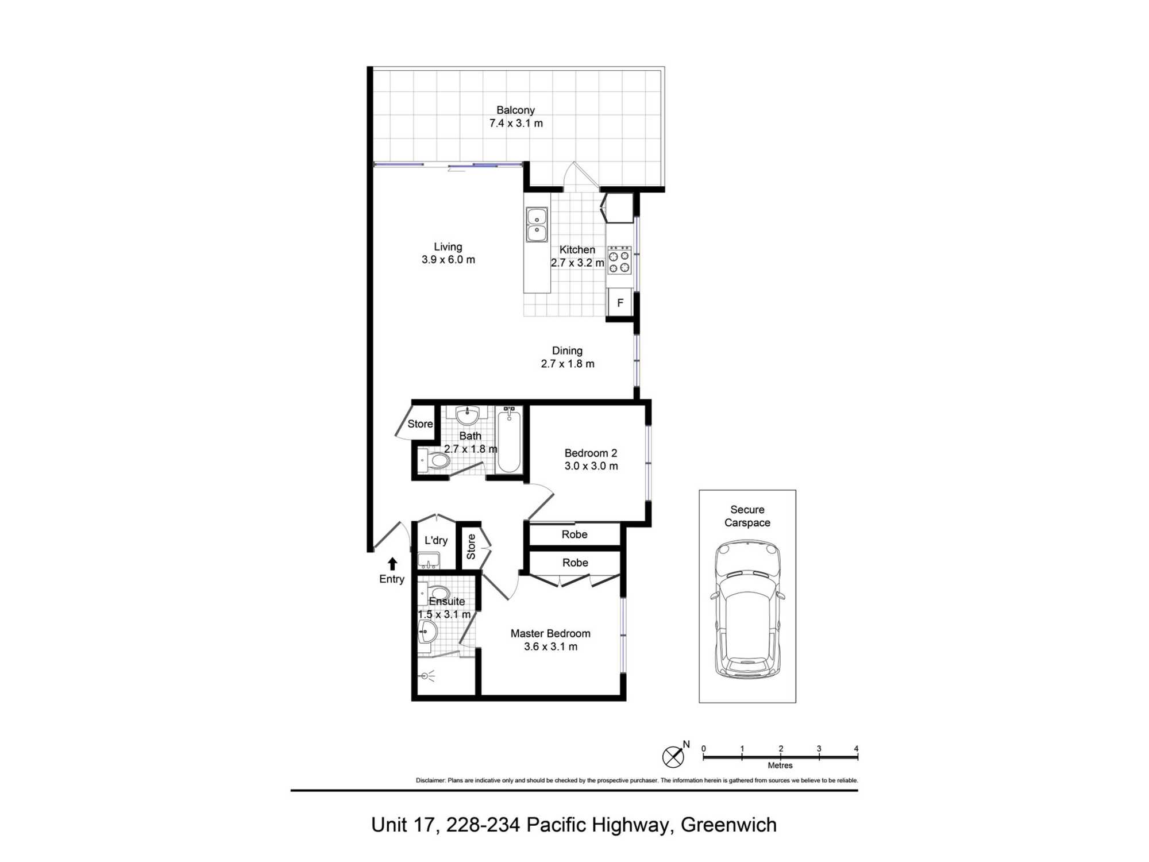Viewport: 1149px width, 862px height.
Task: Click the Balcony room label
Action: [x=515, y=110]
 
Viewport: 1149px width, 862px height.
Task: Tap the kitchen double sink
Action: [x=537, y=225]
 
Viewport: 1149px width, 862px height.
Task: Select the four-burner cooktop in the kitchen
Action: [x=619, y=260]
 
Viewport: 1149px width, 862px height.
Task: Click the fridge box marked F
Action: [x=620, y=303]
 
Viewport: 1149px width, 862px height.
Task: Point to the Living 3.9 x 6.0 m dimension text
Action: [x=448, y=260]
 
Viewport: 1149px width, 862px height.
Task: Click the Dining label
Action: [x=567, y=351]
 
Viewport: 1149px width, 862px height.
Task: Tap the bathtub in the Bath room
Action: [x=509, y=440]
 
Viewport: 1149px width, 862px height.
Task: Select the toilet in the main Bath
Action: [x=434, y=460]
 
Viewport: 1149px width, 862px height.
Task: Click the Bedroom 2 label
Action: [x=591, y=453]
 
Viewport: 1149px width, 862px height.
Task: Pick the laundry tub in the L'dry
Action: [x=429, y=560]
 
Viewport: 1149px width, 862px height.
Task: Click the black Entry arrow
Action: [x=392, y=563]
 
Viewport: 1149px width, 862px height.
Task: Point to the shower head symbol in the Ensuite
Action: [x=427, y=676]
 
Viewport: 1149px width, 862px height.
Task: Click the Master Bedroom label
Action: [x=550, y=633]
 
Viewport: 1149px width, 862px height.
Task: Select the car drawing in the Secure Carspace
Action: [x=747, y=609]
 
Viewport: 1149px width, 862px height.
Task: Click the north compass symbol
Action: [x=673, y=756]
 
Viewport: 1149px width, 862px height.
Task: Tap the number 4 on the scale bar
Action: [x=856, y=749]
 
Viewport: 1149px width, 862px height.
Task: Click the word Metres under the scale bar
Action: [x=780, y=765]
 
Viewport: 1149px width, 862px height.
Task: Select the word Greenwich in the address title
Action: [x=728, y=825]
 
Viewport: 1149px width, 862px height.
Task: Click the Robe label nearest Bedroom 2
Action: [x=574, y=534]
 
